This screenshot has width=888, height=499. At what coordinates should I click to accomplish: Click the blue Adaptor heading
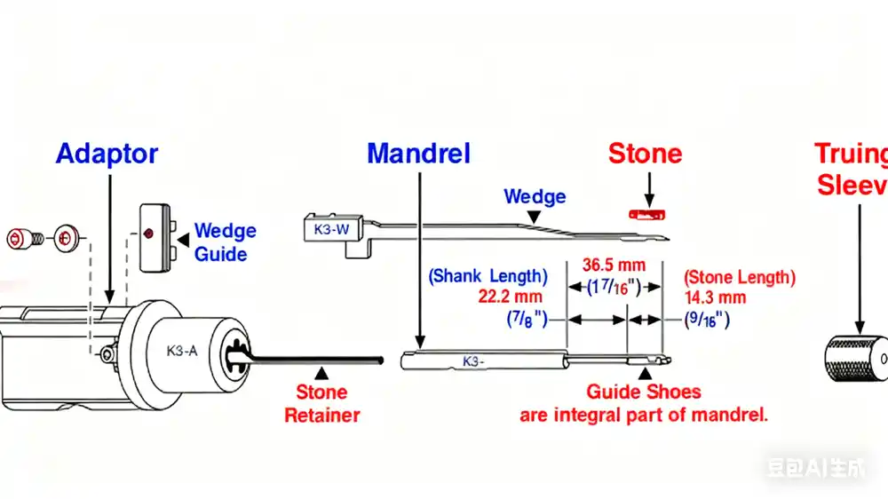pos(107,154)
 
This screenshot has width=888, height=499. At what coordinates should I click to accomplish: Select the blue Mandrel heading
pos(418,154)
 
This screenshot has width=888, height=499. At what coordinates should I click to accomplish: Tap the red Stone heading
pos(645,154)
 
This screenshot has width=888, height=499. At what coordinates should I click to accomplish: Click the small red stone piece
pos(646,213)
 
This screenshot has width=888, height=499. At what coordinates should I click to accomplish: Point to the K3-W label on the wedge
pos(332,228)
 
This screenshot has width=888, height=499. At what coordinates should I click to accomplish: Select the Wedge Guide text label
pos(225,242)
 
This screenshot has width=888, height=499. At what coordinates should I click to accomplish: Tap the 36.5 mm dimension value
pos(614,265)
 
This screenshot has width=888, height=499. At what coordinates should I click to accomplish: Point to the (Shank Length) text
pos(487,276)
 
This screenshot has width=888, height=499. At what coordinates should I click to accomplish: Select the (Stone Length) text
pos(740,277)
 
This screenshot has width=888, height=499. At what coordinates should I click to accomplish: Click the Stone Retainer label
pos(321,403)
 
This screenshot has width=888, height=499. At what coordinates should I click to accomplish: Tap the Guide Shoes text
pos(643,392)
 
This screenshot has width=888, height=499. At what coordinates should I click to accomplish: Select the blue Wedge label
pos(535,196)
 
